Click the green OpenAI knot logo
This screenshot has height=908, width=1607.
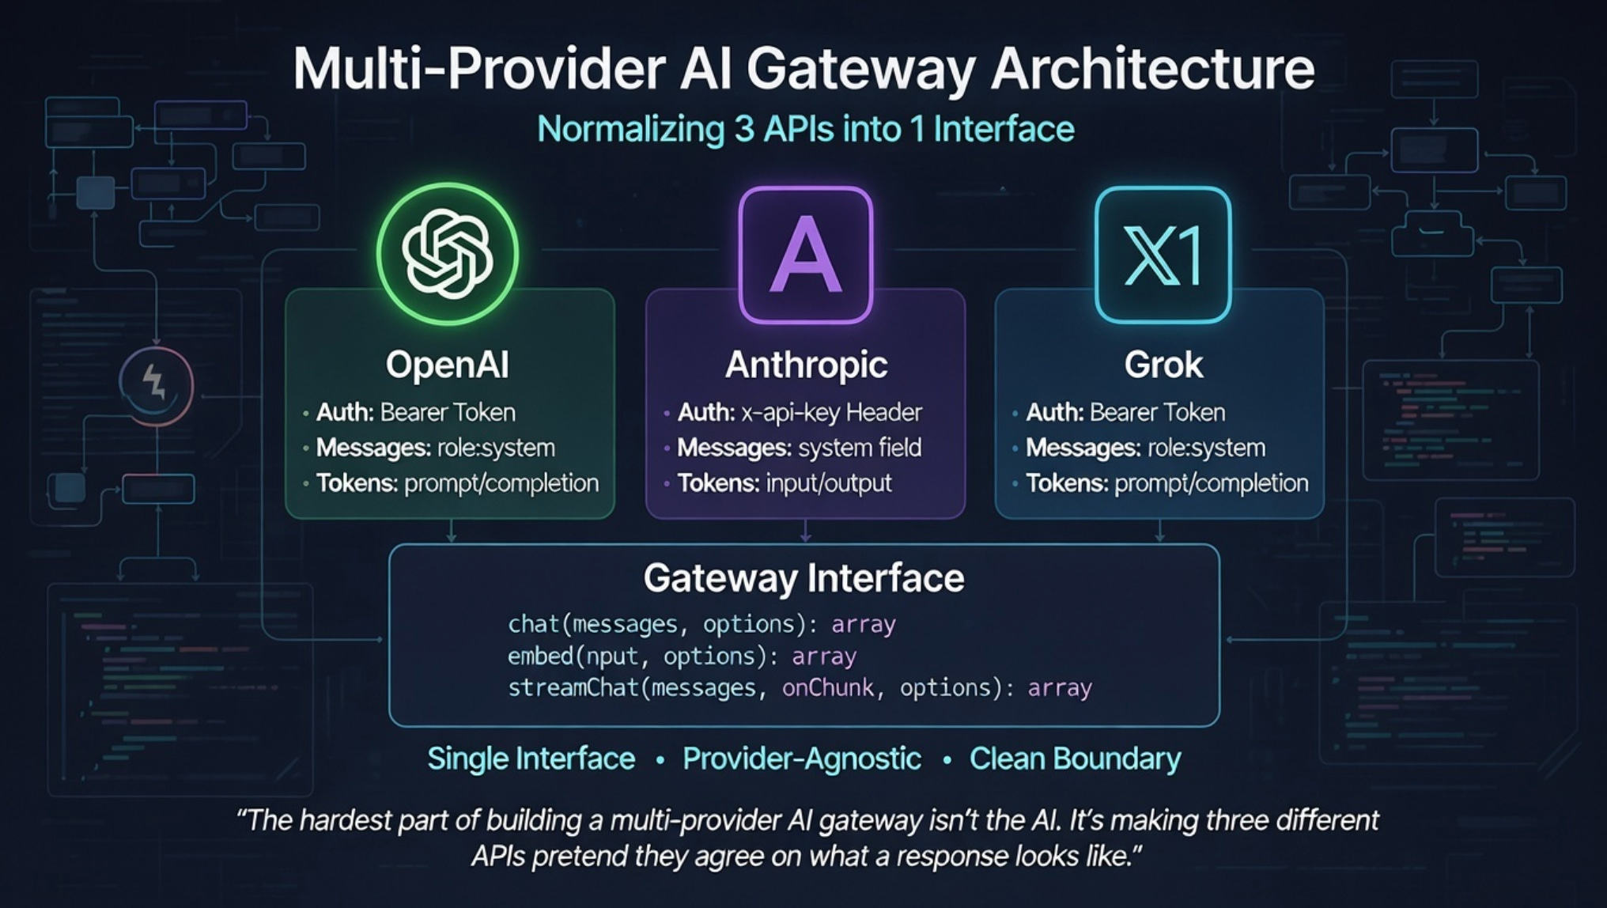(448, 253)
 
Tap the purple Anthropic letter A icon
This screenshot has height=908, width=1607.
(805, 255)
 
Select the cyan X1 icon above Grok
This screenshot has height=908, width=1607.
(1163, 255)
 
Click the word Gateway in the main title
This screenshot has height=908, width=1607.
(862, 70)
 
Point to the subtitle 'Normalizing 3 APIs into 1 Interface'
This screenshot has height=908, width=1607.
(805, 129)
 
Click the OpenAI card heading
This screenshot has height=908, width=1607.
(448, 365)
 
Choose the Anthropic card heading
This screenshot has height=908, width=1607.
(806, 365)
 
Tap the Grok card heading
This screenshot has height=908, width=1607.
(1163, 365)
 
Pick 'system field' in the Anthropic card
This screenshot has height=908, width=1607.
(860, 448)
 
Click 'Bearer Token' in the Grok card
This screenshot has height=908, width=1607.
(1157, 412)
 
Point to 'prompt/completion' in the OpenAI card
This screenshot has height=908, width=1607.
(501, 482)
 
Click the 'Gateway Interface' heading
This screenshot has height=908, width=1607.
(803, 578)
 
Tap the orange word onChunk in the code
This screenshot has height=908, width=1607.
(828, 687)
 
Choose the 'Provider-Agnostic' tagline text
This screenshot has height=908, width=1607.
(802, 759)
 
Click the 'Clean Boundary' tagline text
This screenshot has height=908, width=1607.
(1075, 759)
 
